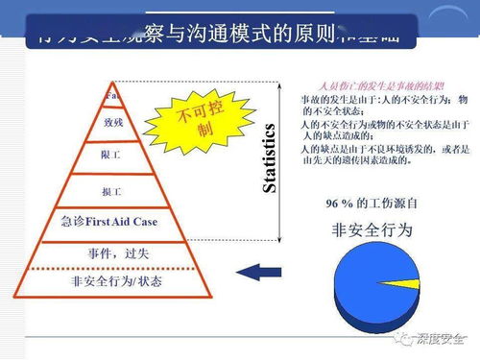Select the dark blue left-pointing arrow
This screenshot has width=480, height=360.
coord(255,273)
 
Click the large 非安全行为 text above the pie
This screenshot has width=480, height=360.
coord(372,230)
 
